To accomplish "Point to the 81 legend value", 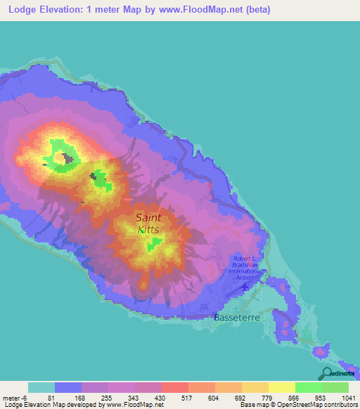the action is tap(51, 396).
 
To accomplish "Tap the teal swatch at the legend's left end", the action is tap(41, 387).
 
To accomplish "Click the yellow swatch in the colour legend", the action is tap(281, 387).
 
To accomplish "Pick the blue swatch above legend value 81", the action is tap(68, 387).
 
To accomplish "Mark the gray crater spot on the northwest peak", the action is tap(69, 159).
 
